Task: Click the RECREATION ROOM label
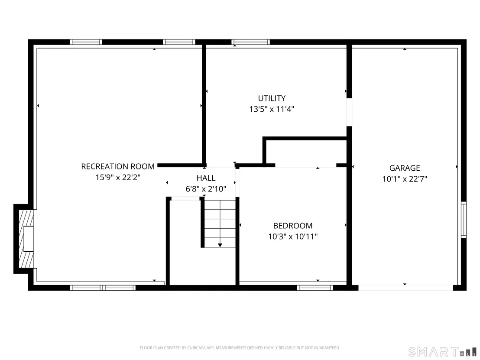tap(118, 166)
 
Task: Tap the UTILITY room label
tap(272, 98)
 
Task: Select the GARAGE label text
tap(405, 168)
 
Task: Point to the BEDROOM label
tap(293, 226)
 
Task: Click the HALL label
tap(206, 178)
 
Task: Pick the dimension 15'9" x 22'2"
tap(118, 177)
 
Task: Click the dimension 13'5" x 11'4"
tap(272, 109)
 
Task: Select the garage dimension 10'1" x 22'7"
tap(405, 179)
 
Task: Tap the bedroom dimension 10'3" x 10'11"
tap(293, 237)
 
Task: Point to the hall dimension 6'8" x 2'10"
tap(206, 189)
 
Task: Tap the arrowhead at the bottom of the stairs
tap(220, 245)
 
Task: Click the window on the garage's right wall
tap(464, 220)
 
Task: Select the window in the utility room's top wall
tap(250, 42)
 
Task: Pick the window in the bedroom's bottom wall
tap(315, 288)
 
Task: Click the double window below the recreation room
tap(103, 288)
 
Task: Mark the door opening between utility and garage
tap(349, 112)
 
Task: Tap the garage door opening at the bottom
tap(405, 288)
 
